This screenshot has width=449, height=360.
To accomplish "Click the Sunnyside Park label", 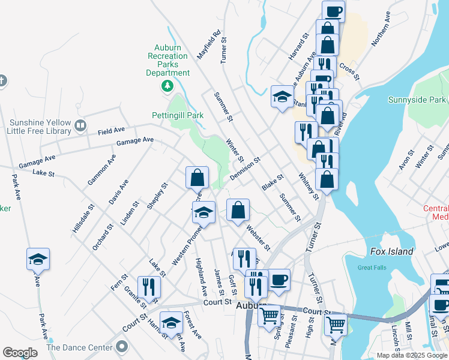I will click(x=417, y=100).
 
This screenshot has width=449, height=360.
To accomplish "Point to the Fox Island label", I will click(x=392, y=251).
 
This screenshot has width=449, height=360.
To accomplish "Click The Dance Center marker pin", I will click(x=122, y=347).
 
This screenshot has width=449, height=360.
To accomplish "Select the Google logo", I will click(x=20, y=352).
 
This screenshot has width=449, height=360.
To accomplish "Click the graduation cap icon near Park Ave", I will click(x=38, y=260).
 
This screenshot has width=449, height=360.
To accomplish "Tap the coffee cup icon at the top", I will click(x=334, y=11).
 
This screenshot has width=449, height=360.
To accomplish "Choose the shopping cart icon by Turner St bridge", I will click(x=336, y=324).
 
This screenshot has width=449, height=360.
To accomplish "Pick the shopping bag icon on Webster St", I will click(x=238, y=210).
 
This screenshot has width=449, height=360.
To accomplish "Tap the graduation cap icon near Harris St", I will click(x=171, y=322).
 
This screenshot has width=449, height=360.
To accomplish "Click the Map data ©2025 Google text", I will click(x=411, y=355).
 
